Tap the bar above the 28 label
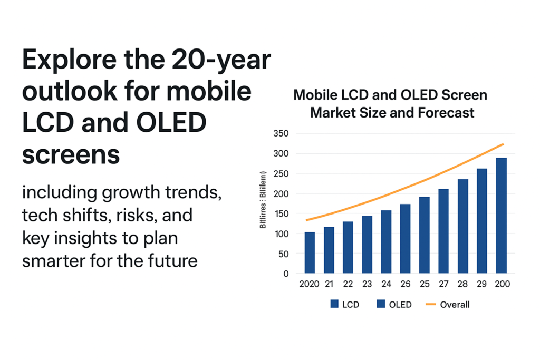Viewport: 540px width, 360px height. click(x=462, y=226)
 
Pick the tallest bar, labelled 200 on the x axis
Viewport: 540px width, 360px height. click(x=501, y=216)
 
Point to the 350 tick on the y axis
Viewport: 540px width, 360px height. click(x=282, y=133)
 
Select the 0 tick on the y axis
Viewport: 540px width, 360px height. click(x=286, y=274)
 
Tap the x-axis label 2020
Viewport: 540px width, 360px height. click(x=310, y=285)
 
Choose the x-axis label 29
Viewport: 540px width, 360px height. click(x=482, y=285)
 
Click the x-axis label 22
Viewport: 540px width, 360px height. click(x=348, y=285)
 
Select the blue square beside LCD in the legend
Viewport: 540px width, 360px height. click(x=334, y=304)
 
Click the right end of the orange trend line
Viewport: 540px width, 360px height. click(x=504, y=144)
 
